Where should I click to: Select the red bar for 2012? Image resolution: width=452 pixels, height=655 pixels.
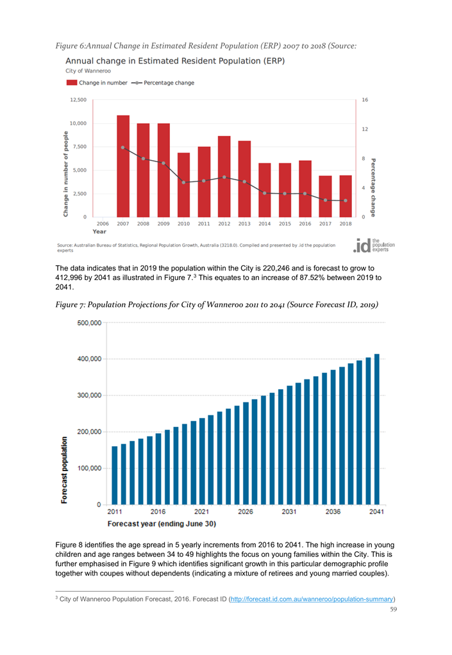tap(224, 176)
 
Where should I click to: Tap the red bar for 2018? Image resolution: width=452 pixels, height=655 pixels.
tap(346, 196)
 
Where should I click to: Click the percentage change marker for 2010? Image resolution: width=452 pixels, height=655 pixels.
tap(184, 183)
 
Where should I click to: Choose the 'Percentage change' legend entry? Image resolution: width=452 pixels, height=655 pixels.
tap(163, 83)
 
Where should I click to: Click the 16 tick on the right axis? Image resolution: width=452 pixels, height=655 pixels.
tap(365, 100)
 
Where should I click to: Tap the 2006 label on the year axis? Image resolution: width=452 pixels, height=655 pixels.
tap(103, 224)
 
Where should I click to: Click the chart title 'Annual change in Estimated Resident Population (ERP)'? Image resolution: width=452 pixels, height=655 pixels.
tap(175, 61)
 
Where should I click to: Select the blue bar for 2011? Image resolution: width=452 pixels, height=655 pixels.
tap(115, 475)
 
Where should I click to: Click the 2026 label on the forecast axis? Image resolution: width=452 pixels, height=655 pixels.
tap(246, 512)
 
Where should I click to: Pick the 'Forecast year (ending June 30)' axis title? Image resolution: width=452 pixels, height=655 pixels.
tap(162, 524)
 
